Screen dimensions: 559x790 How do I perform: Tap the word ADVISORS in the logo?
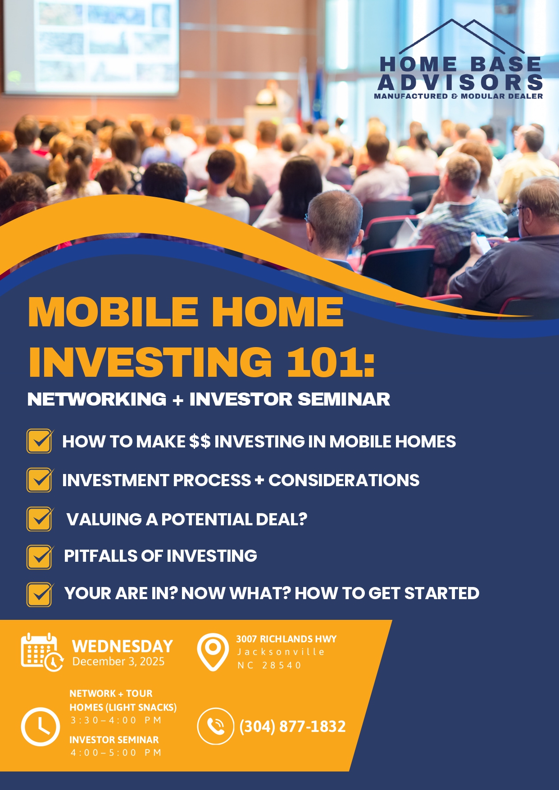[460, 82]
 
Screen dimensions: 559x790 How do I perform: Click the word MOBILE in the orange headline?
[113, 312]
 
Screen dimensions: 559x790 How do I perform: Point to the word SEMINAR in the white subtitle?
[344, 399]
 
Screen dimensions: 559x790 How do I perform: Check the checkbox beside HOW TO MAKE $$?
[40, 441]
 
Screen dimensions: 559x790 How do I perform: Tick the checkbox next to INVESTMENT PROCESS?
[40, 480]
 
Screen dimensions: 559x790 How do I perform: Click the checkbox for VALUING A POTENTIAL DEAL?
[40, 519]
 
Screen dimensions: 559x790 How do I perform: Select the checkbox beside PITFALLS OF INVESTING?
[40, 557]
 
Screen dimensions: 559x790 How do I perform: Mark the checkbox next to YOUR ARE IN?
[40, 595]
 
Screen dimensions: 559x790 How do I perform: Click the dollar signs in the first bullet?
[200, 442]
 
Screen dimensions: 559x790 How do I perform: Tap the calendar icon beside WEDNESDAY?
[42, 652]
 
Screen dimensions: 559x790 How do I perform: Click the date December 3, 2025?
[118, 661]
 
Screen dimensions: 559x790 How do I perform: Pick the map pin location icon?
[213, 652]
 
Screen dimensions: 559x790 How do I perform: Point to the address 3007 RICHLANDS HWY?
[286, 639]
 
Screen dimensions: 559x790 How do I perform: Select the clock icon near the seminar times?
[41, 727]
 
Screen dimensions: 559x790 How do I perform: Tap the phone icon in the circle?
[216, 726]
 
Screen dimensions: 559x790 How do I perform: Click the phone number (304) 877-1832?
[293, 727]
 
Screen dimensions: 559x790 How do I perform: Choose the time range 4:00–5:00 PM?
[116, 753]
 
